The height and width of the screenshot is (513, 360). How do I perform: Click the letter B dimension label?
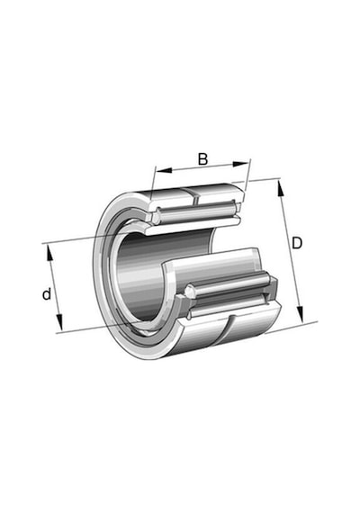(202, 159)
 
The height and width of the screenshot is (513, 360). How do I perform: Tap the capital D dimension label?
(297, 243)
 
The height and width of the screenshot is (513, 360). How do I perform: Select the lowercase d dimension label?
(47, 293)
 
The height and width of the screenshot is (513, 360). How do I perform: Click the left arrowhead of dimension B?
(164, 170)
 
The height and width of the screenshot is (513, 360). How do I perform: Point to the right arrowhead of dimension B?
(240, 164)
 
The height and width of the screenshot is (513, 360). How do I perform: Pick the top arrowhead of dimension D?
(281, 188)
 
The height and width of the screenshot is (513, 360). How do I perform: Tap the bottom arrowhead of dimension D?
(300, 314)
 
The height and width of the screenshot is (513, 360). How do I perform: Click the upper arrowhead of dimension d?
(49, 252)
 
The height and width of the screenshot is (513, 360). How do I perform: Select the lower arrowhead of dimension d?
(59, 322)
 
